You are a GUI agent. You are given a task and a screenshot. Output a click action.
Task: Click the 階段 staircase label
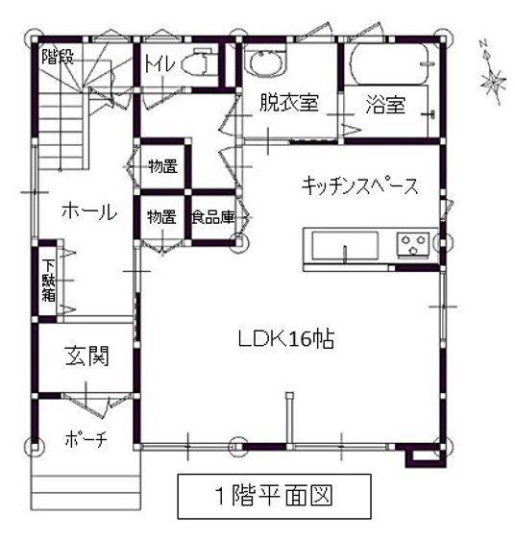(58, 57)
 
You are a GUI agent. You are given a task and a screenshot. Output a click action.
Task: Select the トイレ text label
(159, 63)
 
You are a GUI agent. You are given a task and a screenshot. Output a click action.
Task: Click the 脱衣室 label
(288, 103)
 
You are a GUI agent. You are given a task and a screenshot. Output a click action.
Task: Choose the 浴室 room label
(385, 105)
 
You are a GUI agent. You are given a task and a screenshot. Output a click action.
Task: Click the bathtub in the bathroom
(389, 63)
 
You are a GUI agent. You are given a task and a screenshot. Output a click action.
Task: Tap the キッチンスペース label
(359, 186)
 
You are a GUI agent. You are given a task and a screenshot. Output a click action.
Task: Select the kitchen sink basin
(345, 246)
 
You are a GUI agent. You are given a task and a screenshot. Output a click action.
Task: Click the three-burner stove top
(413, 245)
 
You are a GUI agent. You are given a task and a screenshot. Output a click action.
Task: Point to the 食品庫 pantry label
(213, 217)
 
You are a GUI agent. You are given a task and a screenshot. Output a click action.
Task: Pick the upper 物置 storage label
(162, 166)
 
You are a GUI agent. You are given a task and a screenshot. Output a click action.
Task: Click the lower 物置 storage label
(161, 217)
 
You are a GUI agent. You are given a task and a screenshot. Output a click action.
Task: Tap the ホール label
(89, 210)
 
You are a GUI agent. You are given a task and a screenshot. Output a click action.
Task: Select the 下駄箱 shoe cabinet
(48, 281)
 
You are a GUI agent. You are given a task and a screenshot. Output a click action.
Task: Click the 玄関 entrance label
(86, 356)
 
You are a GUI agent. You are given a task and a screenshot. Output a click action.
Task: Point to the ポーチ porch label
(86, 439)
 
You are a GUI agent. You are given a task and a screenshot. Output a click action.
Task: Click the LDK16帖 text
(286, 338)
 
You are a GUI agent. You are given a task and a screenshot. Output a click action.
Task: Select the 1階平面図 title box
(274, 496)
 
